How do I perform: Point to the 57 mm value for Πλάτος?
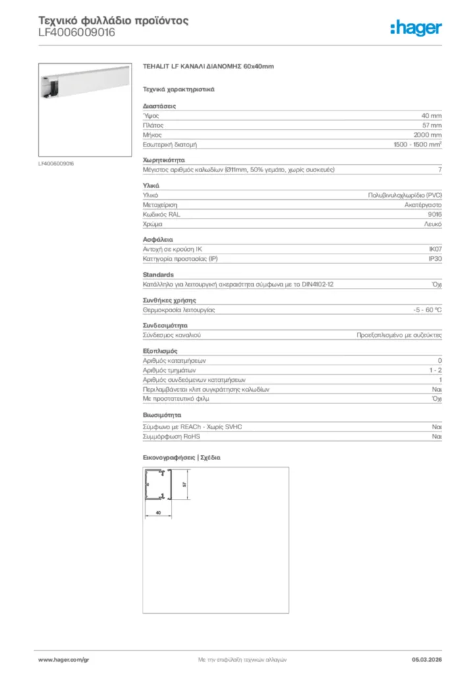(431, 125)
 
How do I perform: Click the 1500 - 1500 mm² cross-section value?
(417, 144)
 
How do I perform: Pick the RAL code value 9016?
(434, 215)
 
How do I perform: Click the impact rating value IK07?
(435, 249)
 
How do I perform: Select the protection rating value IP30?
(435, 259)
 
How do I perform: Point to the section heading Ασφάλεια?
(158, 239)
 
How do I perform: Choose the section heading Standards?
(158, 274)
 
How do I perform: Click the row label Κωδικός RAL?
(161, 215)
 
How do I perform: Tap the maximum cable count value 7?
(439, 170)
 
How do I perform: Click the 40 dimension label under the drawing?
(158, 511)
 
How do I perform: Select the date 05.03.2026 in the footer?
(426, 659)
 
